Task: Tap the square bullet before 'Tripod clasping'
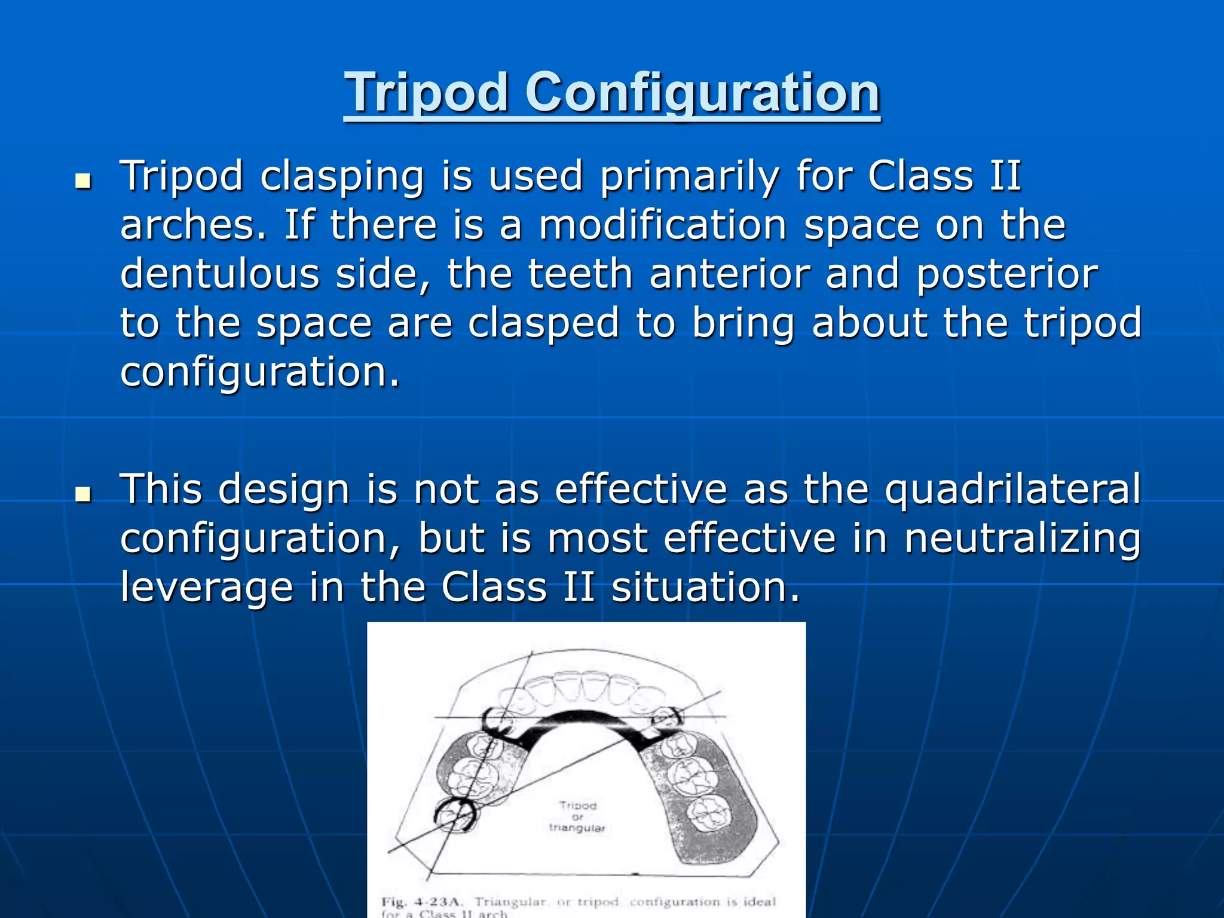click(82, 181)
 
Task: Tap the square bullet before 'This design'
click(82, 494)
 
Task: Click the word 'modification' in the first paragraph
click(663, 226)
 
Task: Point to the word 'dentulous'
click(219, 274)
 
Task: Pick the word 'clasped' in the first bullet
click(543, 323)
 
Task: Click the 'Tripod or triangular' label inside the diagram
click(577, 816)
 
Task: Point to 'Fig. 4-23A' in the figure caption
click(419, 902)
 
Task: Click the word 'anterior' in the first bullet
click(729, 274)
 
